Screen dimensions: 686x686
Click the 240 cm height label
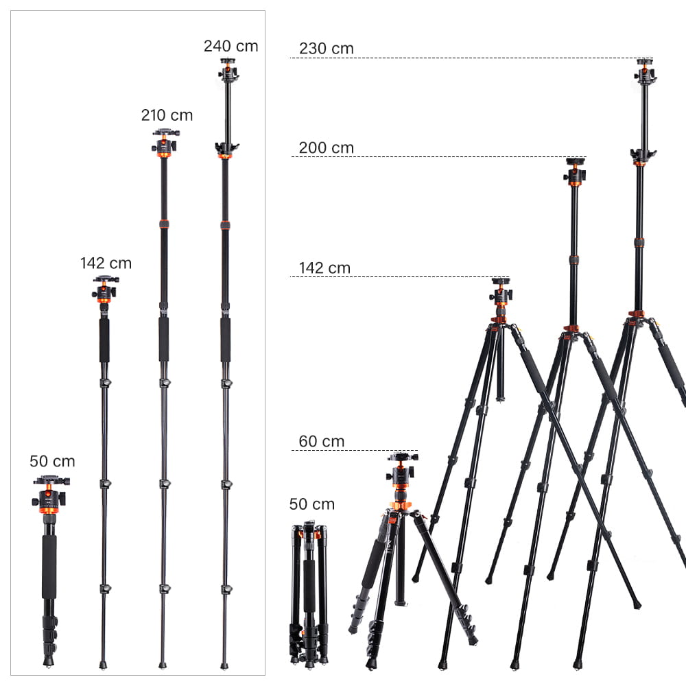coord(230,47)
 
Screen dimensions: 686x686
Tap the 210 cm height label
coord(167,115)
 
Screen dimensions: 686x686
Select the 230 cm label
coord(326,49)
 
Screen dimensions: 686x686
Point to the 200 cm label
coord(326,147)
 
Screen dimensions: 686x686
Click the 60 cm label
coord(321,441)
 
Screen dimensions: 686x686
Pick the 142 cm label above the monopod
coord(106,263)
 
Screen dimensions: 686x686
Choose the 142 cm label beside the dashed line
coord(324,268)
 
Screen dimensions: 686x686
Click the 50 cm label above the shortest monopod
coord(52,462)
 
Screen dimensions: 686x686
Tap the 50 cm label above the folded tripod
coord(311,504)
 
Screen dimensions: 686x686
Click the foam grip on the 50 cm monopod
coord(49,567)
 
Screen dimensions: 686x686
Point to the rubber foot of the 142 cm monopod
coord(103,664)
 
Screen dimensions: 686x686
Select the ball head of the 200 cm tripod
coord(575,173)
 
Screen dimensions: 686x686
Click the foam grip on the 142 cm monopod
coord(104,340)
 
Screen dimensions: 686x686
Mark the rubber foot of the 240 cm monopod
coord(224,664)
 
